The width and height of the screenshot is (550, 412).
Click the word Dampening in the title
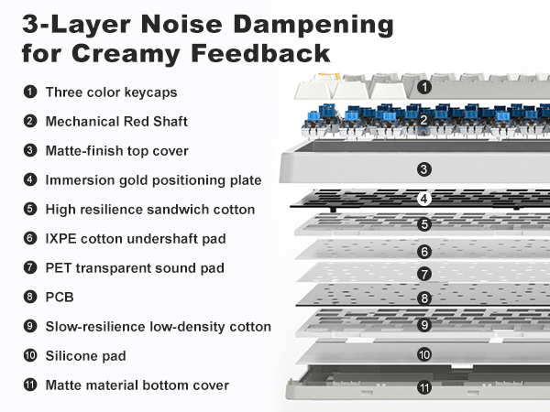tap(313, 26)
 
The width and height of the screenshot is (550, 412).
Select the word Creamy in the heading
tap(126, 54)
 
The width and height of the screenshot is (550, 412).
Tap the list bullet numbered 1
tap(30, 92)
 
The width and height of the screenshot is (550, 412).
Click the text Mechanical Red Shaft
tap(116, 122)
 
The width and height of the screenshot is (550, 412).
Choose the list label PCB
tap(60, 297)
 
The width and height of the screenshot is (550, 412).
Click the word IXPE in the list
tap(61, 239)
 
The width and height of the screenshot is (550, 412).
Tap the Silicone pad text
tap(86, 356)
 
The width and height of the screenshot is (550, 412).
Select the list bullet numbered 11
tap(30, 385)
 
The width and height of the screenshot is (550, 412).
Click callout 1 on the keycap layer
tap(424, 87)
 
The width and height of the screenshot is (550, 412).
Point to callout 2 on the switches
tap(423, 120)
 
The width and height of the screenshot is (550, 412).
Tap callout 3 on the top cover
tap(424, 169)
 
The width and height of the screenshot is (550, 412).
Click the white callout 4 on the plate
tap(424, 199)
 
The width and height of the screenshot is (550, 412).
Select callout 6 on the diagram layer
tap(424, 252)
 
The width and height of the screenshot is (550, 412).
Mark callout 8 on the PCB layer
tap(424, 298)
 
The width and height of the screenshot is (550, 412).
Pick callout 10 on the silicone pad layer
tap(424, 354)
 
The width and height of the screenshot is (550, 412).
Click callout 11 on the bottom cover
tap(424, 387)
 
